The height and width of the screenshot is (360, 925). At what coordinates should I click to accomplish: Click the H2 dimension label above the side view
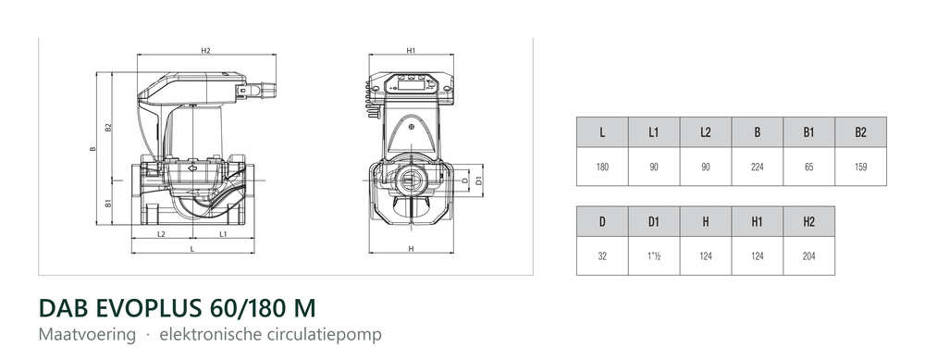tap(205, 51)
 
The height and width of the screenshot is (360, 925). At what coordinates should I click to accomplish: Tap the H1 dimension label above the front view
tap(412, 51)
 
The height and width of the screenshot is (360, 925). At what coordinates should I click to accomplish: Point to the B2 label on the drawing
tap(108, 127)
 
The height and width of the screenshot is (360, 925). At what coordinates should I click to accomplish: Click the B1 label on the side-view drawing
tap(108, 204)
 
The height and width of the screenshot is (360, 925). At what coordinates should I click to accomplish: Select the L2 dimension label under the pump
tap(161, 234)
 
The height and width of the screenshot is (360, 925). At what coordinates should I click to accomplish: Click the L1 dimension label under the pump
tap(223, 234)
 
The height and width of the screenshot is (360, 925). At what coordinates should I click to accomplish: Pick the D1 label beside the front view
tap(479, 180)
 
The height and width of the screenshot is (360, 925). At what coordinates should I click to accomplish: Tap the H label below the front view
tap(412, 249)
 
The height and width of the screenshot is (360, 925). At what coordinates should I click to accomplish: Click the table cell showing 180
tap(602, 167)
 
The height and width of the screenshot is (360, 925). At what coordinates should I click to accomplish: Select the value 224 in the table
tap(758, 167)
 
